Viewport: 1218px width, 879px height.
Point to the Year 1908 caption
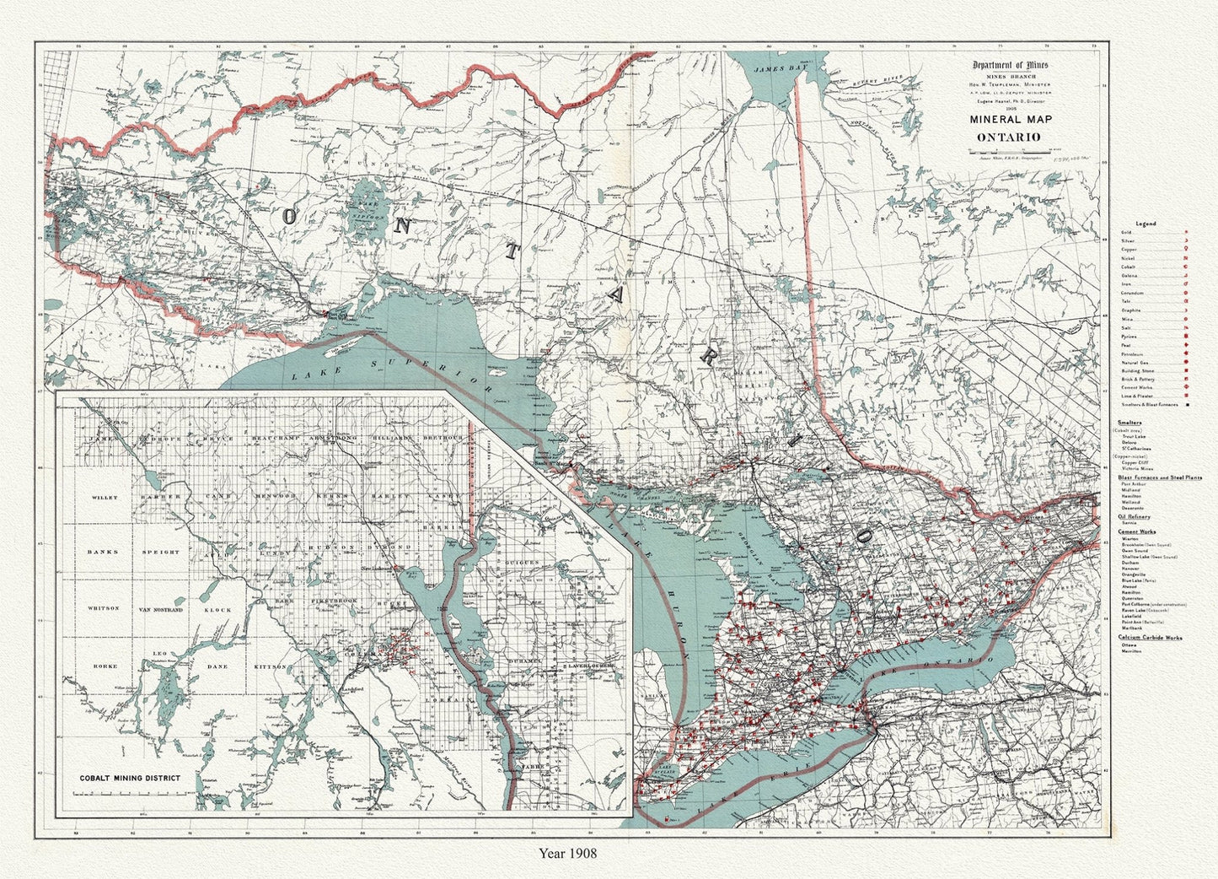[568, 853]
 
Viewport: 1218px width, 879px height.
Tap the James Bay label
[774, 70]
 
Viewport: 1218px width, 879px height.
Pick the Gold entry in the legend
[1126, 231]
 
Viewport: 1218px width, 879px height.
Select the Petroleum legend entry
[1131, 354]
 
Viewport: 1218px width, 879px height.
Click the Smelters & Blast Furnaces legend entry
[1149, 405]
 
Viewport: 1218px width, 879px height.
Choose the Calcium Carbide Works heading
[1150, 638]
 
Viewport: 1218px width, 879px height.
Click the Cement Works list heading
[1136, 532]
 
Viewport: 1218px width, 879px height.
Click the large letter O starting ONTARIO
[289, 216]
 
